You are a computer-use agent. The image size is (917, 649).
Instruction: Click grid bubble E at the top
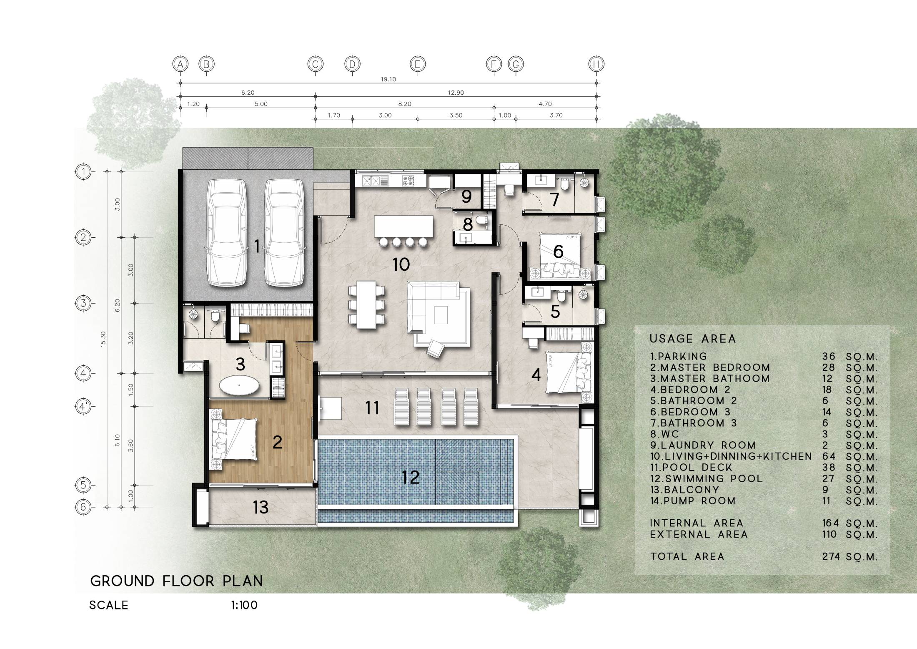pos(417,64)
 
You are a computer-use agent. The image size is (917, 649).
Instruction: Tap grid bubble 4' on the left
pos(83,406)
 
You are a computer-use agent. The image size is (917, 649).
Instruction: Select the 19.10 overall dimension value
pos(388,79)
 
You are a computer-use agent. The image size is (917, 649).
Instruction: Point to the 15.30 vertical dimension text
pos(103,339)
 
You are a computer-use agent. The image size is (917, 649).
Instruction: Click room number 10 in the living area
pos(401,264)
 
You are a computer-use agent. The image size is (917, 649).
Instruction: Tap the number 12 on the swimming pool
pos(411,477)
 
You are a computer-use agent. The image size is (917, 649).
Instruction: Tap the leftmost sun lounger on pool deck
pos(402,407)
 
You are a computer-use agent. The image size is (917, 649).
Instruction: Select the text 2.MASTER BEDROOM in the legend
pos(709,368)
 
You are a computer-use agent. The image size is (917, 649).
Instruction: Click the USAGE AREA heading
pos(693,339)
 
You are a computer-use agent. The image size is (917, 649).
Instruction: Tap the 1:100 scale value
pos(244,605)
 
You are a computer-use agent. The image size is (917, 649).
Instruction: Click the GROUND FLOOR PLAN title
pos(177,581)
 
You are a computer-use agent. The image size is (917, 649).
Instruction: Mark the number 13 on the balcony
pos(261,508)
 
